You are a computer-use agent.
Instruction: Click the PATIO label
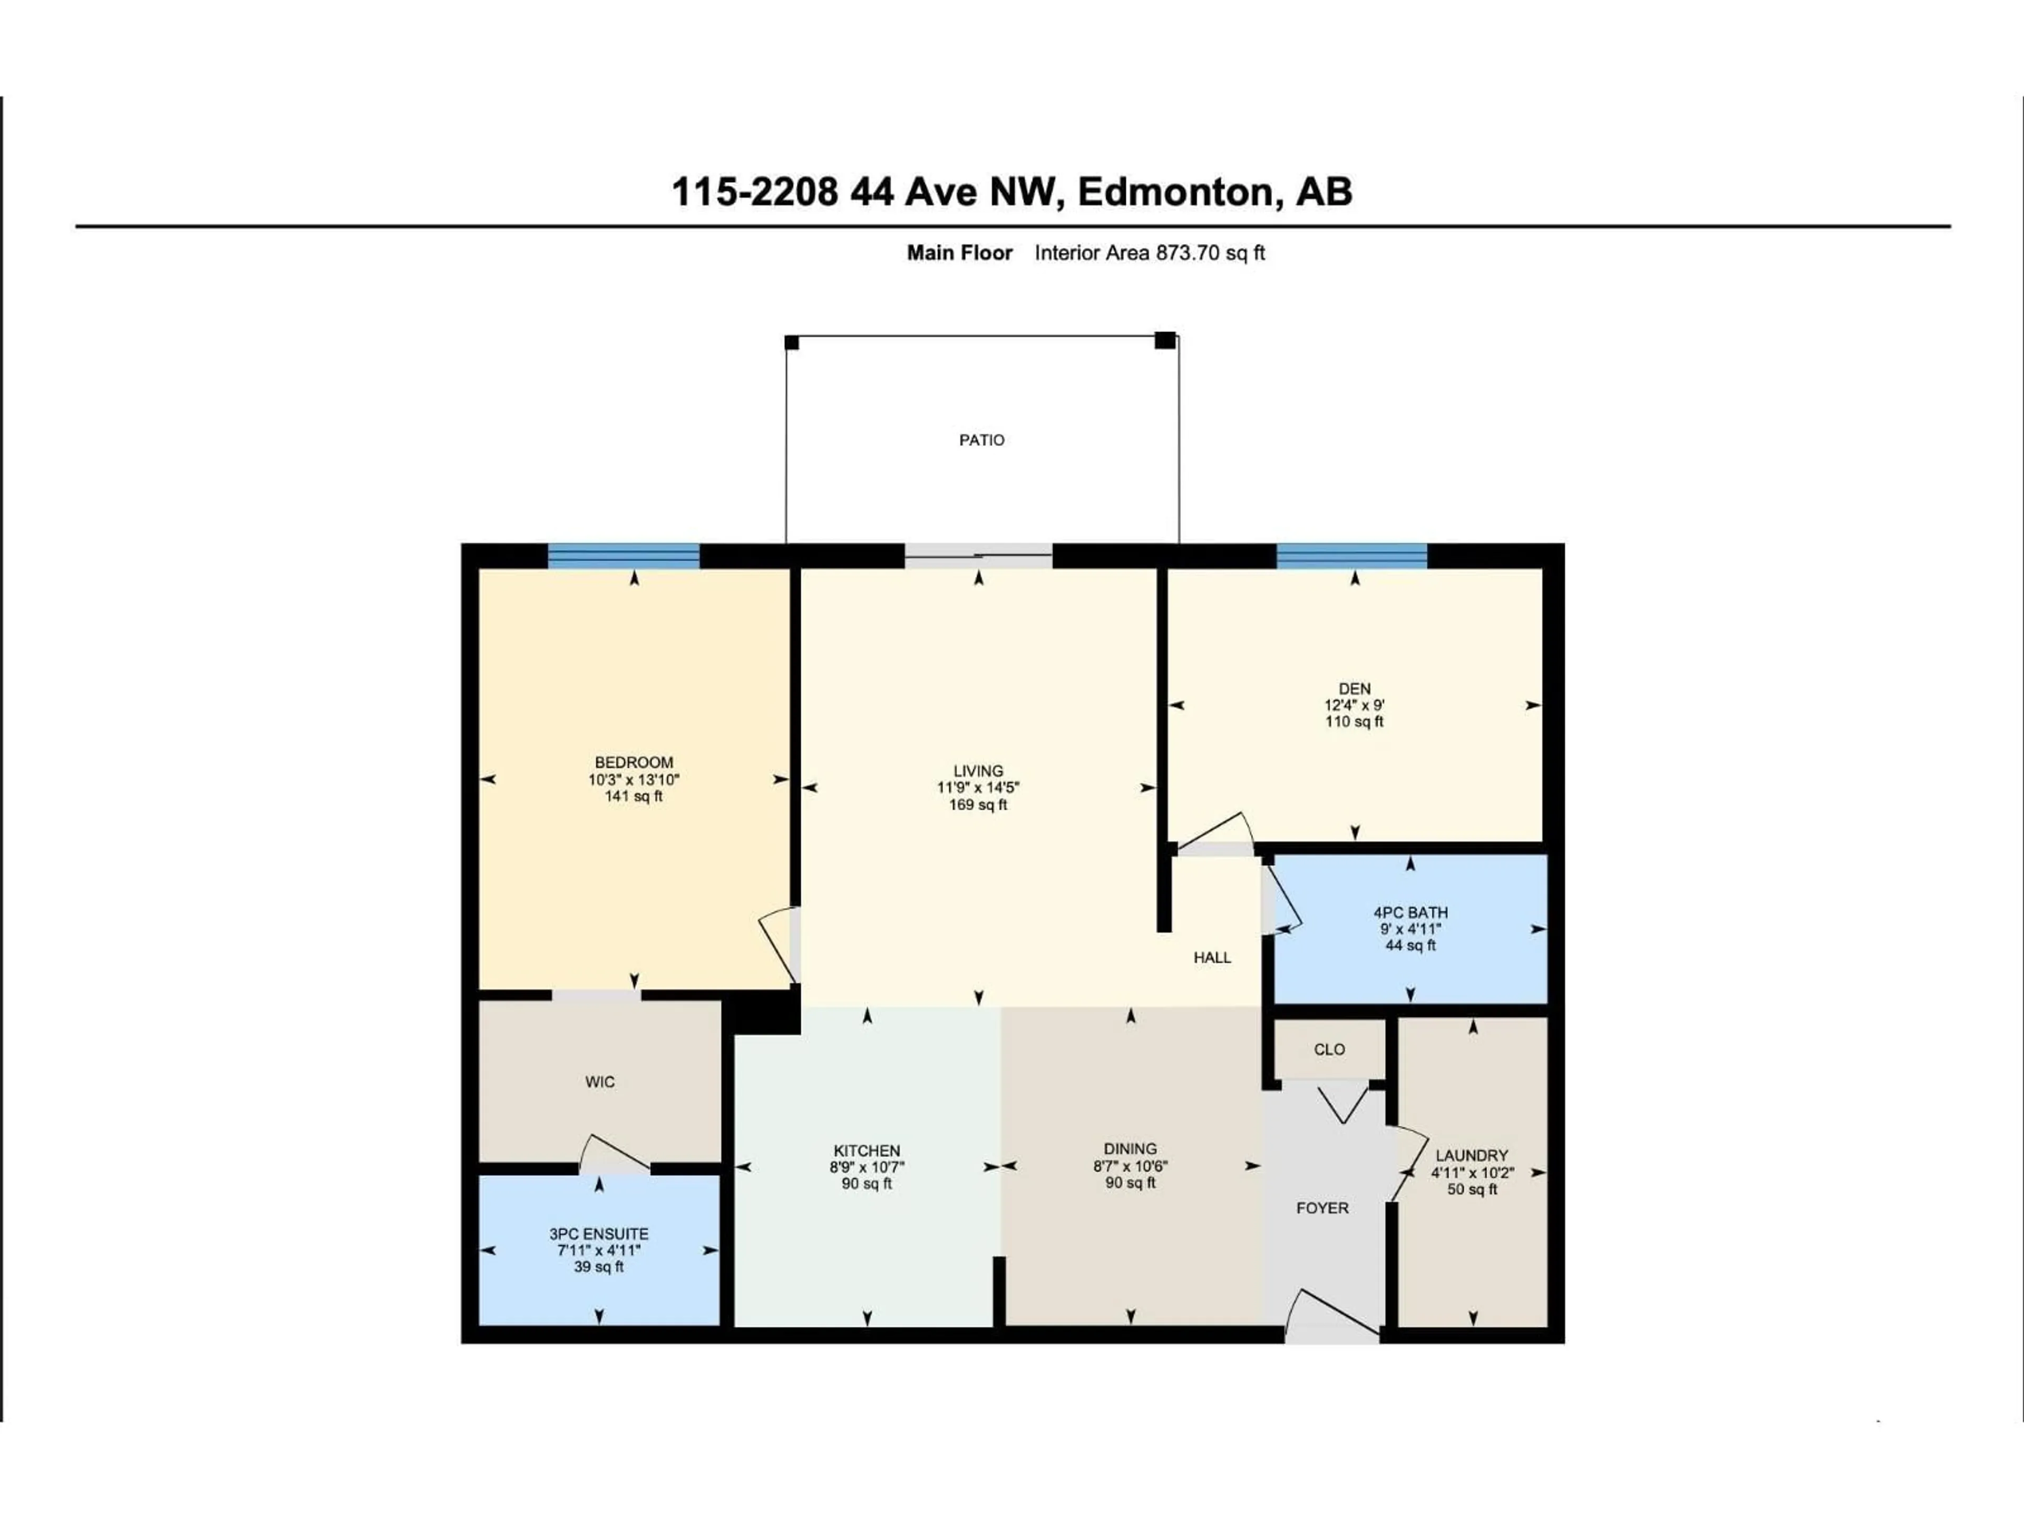coord(981,440)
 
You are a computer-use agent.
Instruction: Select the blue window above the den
coord(1351,556)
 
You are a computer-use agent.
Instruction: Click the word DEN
coord(1354,689)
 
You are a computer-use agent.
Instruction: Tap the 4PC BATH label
coord(1410,912)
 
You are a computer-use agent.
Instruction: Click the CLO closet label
coord(1329,1049)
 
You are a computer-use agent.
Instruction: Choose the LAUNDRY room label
coord(1471,1156)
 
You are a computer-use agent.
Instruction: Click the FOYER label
coord(1322,1208)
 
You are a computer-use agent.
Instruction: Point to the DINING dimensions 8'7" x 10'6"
coord(1130,1166)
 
